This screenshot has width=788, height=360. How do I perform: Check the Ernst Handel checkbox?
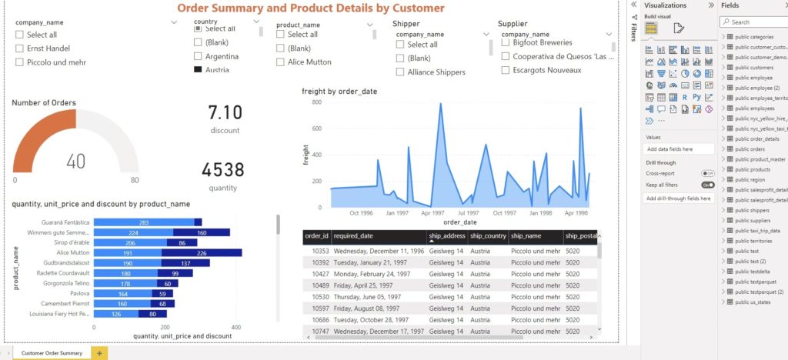pyautogui.click(x=20, y=48)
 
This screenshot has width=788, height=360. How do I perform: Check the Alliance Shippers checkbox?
pyautogui.click(x=400, y=72)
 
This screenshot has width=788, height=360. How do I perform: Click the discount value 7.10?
pyautogui.click(x=225, y=113)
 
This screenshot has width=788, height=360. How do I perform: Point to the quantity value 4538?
pyautogui.click(x=222, y=170)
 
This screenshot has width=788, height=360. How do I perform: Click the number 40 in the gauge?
pyautogui.click(x=75, y=161)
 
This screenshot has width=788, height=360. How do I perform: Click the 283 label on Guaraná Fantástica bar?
pyautogui.click(x=144, y=222)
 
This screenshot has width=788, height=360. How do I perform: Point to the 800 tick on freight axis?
pyautogui.click(x=316, y=102)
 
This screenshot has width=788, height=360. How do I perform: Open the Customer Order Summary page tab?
pyautogui.click(x=52, y=353)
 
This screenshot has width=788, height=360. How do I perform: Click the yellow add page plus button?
pyautogui.click(x=99, y=353)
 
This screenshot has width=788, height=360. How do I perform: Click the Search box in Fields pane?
pyautogui.click(x=754, y=22)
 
